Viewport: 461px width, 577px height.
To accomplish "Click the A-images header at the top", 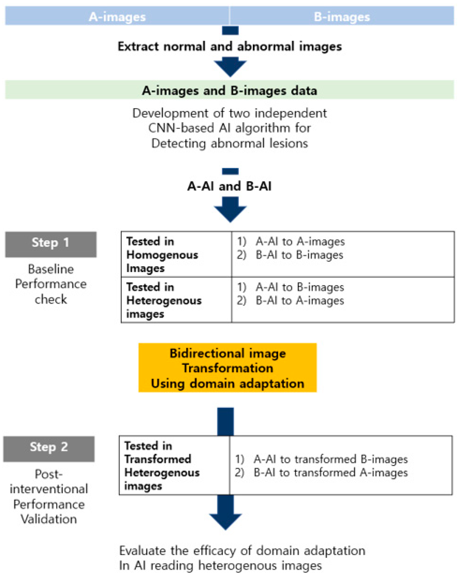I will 117,17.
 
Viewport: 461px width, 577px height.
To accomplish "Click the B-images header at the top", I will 342,17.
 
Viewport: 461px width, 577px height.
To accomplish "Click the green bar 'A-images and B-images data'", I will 230,90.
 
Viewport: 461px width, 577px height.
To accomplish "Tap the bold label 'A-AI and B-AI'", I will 230,186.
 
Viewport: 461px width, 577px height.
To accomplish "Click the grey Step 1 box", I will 51,244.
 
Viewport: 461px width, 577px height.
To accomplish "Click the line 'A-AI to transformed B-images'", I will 331,459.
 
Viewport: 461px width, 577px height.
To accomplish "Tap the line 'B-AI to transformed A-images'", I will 331,473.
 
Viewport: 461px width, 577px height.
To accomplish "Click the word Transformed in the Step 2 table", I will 158,459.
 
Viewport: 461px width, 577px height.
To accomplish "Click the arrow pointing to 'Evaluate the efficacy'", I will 225,516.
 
